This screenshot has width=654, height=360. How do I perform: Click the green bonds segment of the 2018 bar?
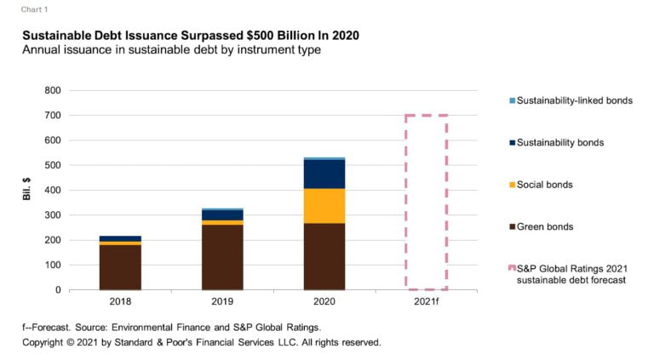pos(120,267)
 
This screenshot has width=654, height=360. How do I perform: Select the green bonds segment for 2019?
pos(222,257)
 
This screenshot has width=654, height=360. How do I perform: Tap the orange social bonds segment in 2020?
pos(324,205)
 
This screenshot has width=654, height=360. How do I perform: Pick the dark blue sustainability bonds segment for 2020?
pos(324,174)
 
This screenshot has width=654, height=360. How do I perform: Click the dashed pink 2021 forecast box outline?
pos(406,204)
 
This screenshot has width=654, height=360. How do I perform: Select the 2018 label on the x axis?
pos(120,301)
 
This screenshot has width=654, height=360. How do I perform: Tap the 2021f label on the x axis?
pos(426,301)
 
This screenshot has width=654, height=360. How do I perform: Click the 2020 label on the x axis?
pos(324,301)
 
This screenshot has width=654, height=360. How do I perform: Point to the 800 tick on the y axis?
pos(54,90)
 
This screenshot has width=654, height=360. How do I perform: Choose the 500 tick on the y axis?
pos(54,165)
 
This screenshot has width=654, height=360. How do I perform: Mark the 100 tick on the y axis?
pos(54,265)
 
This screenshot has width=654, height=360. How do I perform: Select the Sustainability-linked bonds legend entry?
pos(575,100)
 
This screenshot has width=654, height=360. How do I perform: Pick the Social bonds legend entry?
pos(545,185)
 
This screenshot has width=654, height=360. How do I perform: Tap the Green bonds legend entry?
pos(545,226)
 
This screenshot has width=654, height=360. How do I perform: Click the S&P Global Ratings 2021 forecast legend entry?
pos(571,274)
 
